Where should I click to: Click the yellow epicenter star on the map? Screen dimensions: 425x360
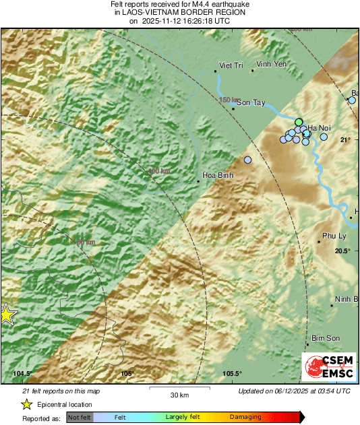pyautogui.click(x=7, y=314)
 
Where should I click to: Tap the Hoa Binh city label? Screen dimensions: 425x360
pyautogui.click(x=216, y=182)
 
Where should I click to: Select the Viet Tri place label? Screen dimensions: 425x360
pyautogui.click(x=231, y=65)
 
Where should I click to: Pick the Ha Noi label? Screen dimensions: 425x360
pyautogui.click(x=319, y=127)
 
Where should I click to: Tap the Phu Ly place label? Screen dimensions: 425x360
pyautogui.click(x=334, y=236)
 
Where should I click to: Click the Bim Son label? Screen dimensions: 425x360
pyautogui.click(x=324, y=338)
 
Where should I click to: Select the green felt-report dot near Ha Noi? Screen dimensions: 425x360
pyautogui.click(x=299, y=122)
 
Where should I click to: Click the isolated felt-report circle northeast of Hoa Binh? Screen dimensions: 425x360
pyautogui.click(x=247, y=160)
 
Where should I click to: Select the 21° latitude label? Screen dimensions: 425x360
pyautogui.click(x=345, y=140)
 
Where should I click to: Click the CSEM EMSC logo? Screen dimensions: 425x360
pyautogui.click(x=326, y=364)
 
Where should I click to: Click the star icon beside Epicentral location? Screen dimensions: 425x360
pyautogui.click(x=26, y=404)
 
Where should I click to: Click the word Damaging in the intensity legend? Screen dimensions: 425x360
pyautogui.click(x=245, y=418)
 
